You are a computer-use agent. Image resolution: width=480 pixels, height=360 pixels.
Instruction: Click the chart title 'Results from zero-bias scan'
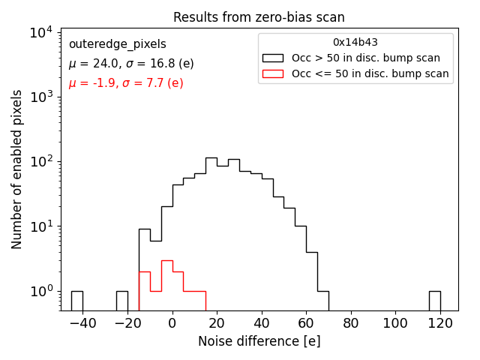tap(259, 17)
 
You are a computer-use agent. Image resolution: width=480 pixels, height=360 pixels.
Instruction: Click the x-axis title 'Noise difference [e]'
tap(259, 341)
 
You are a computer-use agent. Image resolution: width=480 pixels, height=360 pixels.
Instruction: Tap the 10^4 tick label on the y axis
tap(40, 32)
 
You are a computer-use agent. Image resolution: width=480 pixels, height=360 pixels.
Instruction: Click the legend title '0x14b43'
tap(355, 43)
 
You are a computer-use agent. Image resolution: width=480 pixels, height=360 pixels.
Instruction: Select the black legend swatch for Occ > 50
tap(274, 58)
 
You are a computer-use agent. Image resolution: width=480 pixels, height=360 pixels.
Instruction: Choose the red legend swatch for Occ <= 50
tap(274, 73)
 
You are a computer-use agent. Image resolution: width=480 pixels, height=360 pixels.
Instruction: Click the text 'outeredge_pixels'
tap(117, 44)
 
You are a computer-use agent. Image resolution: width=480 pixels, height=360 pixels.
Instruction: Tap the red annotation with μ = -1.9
tap(125, 83)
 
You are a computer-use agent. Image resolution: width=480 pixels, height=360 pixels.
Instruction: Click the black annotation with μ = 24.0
tap(130, 64)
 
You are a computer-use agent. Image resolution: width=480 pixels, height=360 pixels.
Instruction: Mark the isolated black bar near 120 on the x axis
tap(434, 300)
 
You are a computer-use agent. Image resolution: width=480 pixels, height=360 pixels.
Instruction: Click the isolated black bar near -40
tap(76, 300)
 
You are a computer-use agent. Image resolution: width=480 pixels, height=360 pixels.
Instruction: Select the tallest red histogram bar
tap(166, 285)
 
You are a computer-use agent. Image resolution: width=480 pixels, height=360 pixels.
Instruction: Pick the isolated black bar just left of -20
tap(121, 300)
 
